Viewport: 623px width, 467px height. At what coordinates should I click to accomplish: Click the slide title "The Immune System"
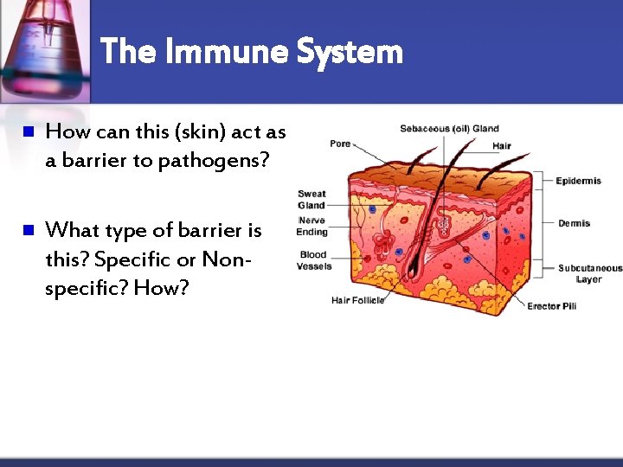(x=252, y=52)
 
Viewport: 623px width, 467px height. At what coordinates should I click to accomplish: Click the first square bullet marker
(x=27, y=132)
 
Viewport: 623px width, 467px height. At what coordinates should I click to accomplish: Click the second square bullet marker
(x=27, y=230)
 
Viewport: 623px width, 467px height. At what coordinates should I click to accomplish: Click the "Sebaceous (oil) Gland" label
(x=448, y=129)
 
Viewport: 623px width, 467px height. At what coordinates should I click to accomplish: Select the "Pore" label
(x=340, y=144)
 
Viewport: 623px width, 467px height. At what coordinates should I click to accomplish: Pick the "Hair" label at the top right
(x=501, y=146)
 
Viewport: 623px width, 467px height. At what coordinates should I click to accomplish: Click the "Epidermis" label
(x=578, y=181)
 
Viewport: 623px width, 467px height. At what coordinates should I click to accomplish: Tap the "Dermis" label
(x=574, y=223)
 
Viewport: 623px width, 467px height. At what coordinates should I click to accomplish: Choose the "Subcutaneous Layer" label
(x=589, y=273)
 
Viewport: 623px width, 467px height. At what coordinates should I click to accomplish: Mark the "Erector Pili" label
(x=551, y=306)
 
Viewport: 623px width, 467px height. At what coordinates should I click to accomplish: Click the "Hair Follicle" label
(x=357, y=300)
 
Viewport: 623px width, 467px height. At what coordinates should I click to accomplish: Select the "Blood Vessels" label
(x=314, y=260)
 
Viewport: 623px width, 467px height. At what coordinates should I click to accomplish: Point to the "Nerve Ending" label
(x=311, y=227)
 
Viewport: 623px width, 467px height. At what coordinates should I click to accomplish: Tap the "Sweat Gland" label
(x=311, y=200)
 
